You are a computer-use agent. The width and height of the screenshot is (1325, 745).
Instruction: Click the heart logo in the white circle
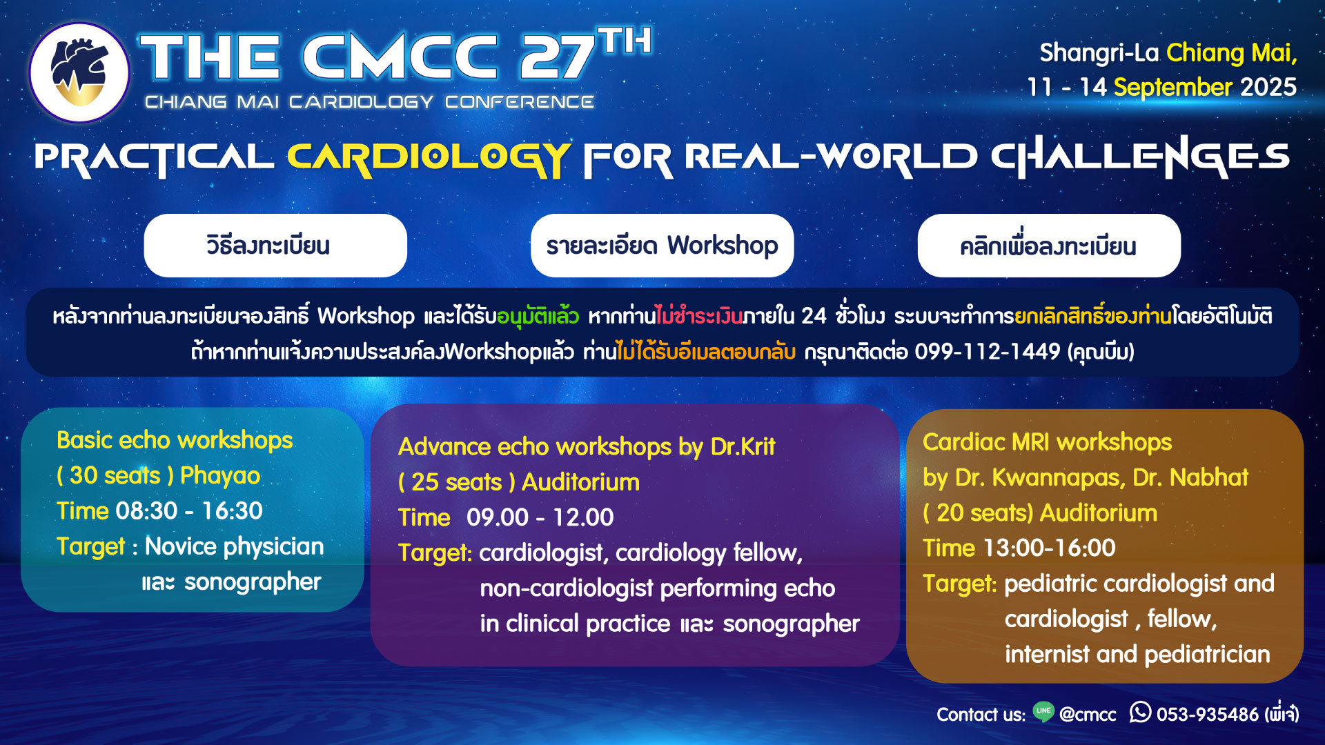pos(79,72)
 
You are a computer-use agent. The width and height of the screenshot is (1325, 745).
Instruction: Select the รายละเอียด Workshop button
pos(662,246)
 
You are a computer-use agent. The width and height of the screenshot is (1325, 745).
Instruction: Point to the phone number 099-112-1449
pos(987,352)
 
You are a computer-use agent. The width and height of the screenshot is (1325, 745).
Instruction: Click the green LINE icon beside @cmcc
pos(1043,712)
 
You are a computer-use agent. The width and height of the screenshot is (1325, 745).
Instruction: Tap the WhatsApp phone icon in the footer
pos(1140,712)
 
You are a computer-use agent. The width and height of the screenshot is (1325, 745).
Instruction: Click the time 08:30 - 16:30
pos(189,511)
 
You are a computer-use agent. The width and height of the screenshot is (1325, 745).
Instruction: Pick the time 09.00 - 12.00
pos(540,517)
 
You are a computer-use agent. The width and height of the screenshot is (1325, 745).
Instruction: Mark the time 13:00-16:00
pos(1049,548)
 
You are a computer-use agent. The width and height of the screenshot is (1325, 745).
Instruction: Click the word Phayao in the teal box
pos(220,476)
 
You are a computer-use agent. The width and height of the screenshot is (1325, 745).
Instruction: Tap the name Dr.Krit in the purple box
pos(743,447)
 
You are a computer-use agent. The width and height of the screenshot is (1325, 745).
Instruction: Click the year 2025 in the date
pos(1268,88)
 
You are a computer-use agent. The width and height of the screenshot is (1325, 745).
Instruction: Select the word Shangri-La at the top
pos(1099,53)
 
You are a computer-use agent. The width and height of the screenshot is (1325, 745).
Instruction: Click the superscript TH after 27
pos(625,41)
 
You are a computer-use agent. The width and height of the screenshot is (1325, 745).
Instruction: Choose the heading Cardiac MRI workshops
pos(1047,442)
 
